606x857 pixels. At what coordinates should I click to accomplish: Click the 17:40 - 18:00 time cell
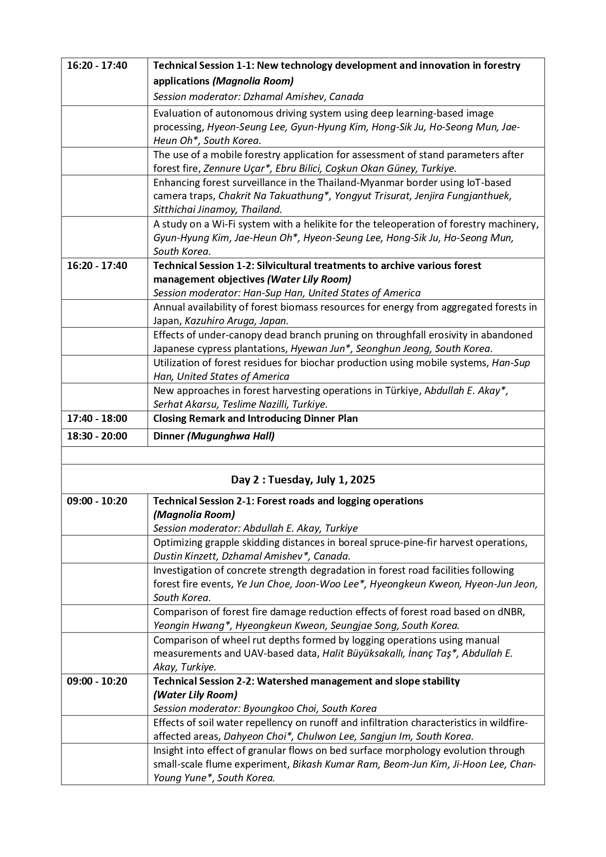(x=97, y=418)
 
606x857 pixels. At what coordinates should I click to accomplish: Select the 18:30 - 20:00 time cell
(x=97, y=436)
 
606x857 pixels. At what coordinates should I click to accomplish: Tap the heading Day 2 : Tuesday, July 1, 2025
(x=303, y=480)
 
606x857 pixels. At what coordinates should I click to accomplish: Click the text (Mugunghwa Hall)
(x=231, y=436)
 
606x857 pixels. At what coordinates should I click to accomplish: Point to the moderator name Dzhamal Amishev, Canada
(x=303, y=97)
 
